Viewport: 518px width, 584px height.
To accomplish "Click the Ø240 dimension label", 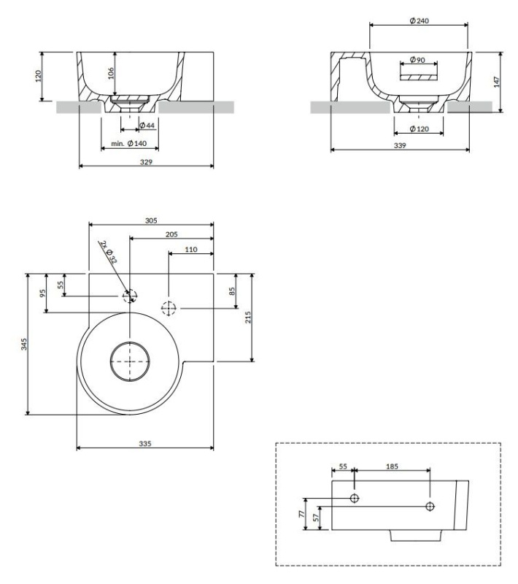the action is (x=419, y=20).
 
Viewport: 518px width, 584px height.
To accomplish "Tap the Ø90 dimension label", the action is (x=417, y=60).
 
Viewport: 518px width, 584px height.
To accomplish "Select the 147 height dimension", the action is (x=497, y=82).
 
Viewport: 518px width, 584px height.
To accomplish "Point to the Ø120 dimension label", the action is (x=419, y=129).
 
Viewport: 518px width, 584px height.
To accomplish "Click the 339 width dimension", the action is (x=400, y=145).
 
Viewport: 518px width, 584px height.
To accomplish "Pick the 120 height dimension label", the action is (x=38, y=76).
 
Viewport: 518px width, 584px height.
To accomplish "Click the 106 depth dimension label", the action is (x=110, y=73).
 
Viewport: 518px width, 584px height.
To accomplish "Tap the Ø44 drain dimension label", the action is (x=147, y=126).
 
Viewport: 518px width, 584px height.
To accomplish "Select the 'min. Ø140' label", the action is (x=128, y=143).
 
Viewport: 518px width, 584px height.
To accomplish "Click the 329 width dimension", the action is (x=146, y=162).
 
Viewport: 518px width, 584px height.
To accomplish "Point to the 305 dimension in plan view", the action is (x=151, y=220).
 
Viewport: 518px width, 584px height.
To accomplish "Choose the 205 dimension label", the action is (x=171, y=234).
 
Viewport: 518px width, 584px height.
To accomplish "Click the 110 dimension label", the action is (x=191, y=250).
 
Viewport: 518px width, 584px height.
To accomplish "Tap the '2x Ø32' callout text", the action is (x=109, y=252).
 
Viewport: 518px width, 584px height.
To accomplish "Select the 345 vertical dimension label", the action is (x=24, y=344).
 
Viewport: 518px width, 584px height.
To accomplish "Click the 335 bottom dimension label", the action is (x=145, y=444).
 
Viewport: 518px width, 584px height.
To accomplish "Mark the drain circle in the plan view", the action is (x=130, y=361).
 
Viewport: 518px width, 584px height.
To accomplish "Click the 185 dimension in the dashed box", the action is (x=392, y=466).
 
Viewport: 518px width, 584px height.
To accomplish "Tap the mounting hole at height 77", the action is (x=355, y=498).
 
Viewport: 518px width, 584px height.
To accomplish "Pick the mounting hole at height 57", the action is (x=430, y=507).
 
